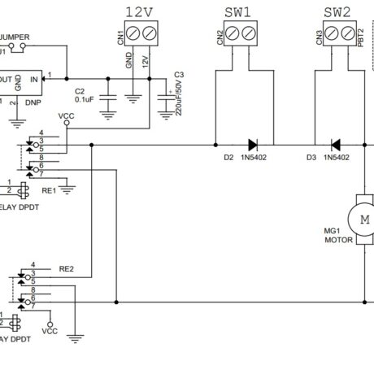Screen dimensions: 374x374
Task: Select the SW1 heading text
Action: (237, 11)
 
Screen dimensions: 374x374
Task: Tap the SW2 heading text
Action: (337, 11)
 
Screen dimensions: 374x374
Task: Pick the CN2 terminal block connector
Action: (238, 35)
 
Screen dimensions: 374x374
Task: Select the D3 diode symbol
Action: (333, 146)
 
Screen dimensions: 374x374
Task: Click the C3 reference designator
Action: (179, 75)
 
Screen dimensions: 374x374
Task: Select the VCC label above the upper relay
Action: (68, 116)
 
